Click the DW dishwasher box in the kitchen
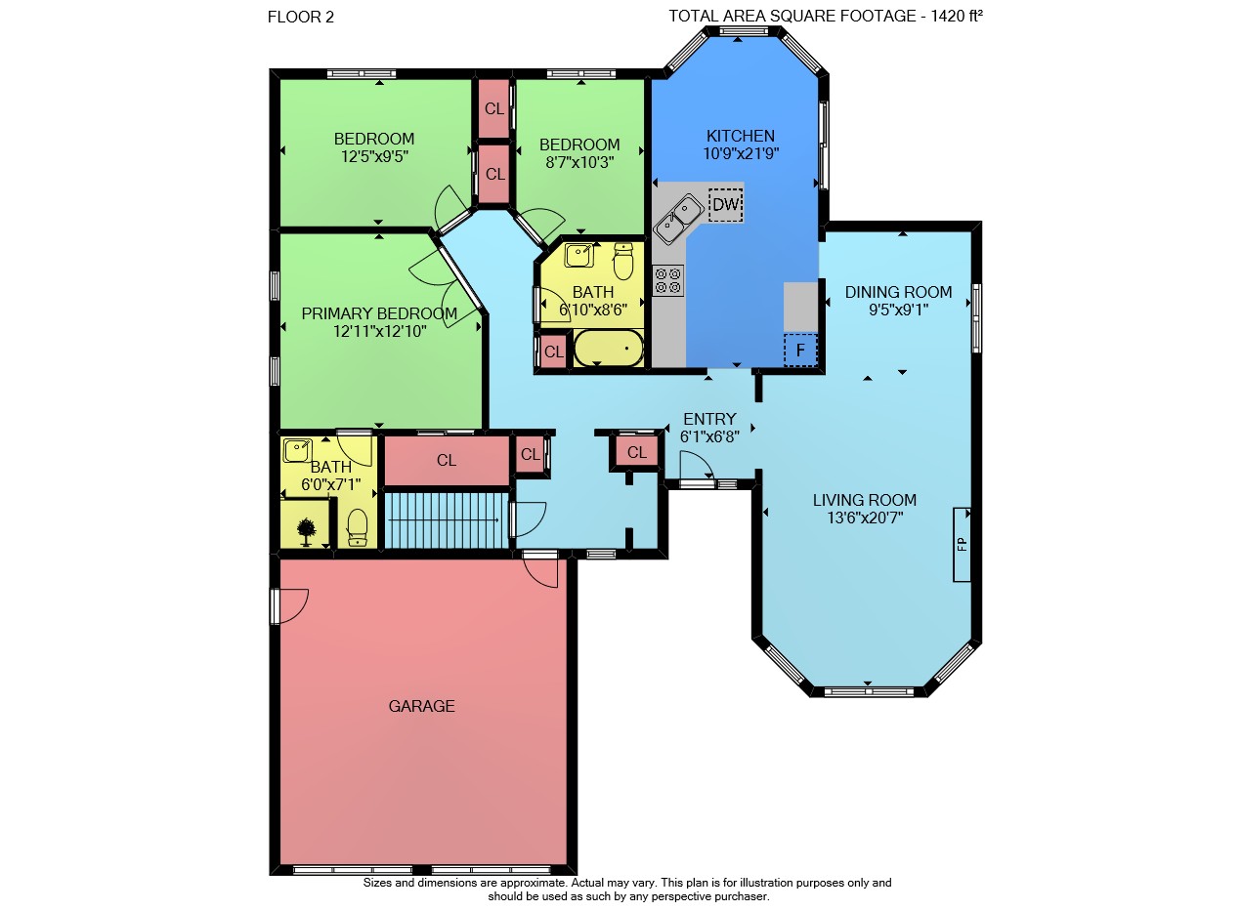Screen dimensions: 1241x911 point(726,205)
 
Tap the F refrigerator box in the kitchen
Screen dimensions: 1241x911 point(800,350)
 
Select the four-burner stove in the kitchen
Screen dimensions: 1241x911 point(667,280)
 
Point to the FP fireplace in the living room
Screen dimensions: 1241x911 point(962,545)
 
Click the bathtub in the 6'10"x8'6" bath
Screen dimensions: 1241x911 point(609,349)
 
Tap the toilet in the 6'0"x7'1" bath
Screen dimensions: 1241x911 point(358,527)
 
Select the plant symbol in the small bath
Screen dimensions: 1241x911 point(307,532)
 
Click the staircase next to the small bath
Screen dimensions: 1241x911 point(447,520)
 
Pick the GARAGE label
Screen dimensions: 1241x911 point(421,706)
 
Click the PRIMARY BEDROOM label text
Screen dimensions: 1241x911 point(379,313)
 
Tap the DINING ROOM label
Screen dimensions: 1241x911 point(898,292)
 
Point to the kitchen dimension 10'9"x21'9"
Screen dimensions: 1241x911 point(741,154)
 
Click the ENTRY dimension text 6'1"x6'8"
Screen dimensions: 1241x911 point(709,437)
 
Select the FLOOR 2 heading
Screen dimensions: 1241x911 point(301,18)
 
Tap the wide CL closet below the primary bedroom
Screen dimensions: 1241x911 point(447,461)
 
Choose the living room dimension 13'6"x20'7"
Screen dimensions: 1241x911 point(865,518)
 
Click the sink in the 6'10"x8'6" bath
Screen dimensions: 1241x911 point(579,256)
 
